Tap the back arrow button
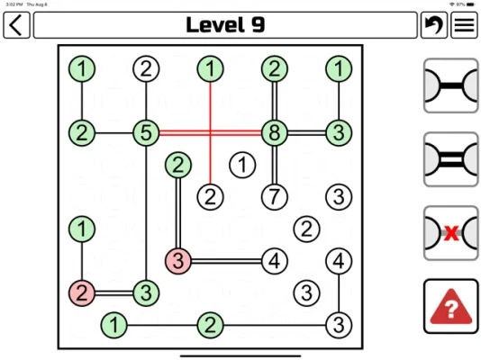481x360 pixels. [x=16, y=25]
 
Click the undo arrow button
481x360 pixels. [x=434, y=25]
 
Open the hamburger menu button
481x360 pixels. [x=464, y=25]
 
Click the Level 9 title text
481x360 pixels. [x=225, y=25]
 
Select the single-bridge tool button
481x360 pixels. [x=450, y=85]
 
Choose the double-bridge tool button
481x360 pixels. [x=450, y=159]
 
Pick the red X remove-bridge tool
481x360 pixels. [x=450, y=233]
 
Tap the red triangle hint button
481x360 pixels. [x=450, y=306]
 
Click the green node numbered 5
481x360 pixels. [x=146, y=132]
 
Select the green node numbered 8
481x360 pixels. [x=275, y=132]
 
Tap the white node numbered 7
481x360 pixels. [x=275, y=197]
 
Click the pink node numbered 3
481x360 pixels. [x=178, y=261]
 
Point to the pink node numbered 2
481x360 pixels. [x=82, y=292]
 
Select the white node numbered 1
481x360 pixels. [x=242, y=165]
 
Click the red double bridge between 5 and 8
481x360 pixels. [x=210, y=132]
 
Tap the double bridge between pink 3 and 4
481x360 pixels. [x=226, y=261]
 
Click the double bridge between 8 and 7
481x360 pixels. [x=275, y=165]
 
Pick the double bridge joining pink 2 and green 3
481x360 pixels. [x=113, y=292]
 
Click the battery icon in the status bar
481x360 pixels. [x=470, y=4]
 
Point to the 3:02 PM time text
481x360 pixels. [x=14, y=4]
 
